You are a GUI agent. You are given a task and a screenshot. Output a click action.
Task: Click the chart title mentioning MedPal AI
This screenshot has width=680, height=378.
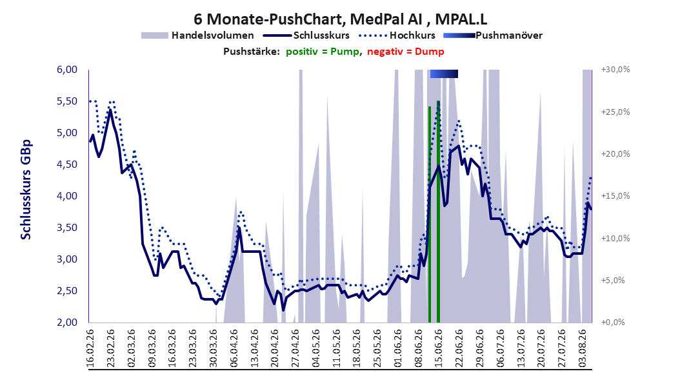pos(340,19)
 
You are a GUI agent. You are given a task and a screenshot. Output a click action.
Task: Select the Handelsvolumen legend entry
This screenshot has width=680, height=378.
pos(197,35)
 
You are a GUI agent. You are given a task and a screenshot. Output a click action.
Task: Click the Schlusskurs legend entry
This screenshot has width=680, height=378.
pos(306,35)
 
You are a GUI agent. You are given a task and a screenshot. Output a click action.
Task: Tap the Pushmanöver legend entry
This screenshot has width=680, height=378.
pos(493,35)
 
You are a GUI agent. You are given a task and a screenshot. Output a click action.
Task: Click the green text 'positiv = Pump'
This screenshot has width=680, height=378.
pos(322,52)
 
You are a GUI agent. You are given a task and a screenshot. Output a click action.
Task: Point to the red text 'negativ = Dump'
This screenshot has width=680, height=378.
pos(406,52)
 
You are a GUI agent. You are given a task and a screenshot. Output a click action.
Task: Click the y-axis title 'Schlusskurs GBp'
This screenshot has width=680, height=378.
pos(26,189)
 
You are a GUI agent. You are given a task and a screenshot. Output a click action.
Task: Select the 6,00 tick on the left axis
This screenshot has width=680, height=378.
pos(67,70)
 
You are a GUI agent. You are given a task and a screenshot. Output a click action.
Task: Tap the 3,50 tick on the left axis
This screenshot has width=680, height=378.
pos(67,228)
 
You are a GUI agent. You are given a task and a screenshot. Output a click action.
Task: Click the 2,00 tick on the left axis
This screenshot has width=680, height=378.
pos(67,322)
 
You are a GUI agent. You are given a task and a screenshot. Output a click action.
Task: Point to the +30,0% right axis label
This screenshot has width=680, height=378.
pos(615,70)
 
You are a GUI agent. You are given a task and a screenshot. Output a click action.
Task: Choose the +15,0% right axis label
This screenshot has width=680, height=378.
pos(615,196)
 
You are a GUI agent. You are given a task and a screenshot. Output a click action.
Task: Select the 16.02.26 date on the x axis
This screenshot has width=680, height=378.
pos(90,348)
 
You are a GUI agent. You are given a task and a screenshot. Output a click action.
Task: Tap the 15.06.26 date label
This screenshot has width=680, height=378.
pos(438,348)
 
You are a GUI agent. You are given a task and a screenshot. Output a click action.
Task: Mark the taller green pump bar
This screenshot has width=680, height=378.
pos(439,212)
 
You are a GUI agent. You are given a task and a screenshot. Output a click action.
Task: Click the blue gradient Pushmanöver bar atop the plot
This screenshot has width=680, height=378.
pos(444,74)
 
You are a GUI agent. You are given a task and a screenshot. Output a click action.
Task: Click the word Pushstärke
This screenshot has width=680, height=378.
pos(251,52)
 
